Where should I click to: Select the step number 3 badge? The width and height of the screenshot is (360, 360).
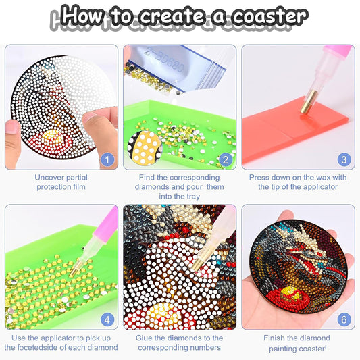[x=344, y=160]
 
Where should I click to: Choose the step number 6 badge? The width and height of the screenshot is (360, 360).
[x=344, y=319]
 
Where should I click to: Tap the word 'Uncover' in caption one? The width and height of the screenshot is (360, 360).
[x=51, y=177]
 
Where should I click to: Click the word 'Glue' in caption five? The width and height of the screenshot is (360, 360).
[x=146, y=338]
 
